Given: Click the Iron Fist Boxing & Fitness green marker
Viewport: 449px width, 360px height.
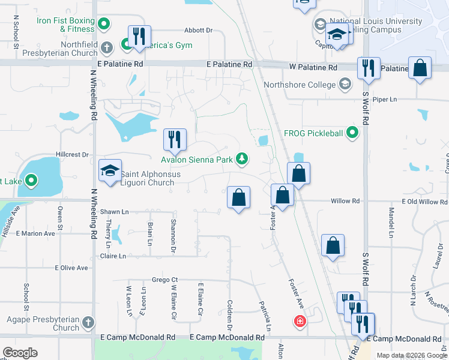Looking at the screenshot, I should click(x=104, y=25).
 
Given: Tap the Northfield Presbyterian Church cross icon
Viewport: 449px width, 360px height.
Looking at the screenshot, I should click(x=107, y=47).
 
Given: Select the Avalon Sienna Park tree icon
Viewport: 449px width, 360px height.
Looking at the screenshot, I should click(x=242, y=159).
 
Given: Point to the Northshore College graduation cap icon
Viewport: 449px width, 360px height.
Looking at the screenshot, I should click(x=345, y=85).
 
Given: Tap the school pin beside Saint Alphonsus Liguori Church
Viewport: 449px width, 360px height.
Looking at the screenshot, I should click(x=110, y=171).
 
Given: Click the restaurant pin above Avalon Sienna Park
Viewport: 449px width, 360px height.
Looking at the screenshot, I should click(x=175, y=140).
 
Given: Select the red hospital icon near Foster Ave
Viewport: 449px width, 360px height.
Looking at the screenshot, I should click(x=300, y=322).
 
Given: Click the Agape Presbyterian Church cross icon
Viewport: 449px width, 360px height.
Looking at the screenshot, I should click(x=89, y=323).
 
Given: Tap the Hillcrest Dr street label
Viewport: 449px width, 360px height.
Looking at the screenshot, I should click(x=72, y=155).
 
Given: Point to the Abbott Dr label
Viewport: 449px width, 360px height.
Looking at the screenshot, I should click(x=199, y=30).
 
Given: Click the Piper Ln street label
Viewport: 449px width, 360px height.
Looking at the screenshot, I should click(x=385, y=99).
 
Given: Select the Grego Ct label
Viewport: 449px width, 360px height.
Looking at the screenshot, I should click(x=164, y=280).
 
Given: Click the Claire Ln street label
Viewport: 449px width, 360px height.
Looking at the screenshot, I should click(x=113, y=256).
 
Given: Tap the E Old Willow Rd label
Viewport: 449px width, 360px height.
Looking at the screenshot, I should click(x=424, y=202).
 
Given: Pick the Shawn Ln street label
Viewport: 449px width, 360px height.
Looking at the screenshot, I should click(x=114, y=212).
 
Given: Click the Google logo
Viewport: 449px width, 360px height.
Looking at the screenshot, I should click(x=20, y=353).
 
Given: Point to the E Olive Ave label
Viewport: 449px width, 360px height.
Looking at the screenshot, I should click(x=71, y=268).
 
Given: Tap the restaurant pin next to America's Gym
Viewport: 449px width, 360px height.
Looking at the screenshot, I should click(x=139, y=37).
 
